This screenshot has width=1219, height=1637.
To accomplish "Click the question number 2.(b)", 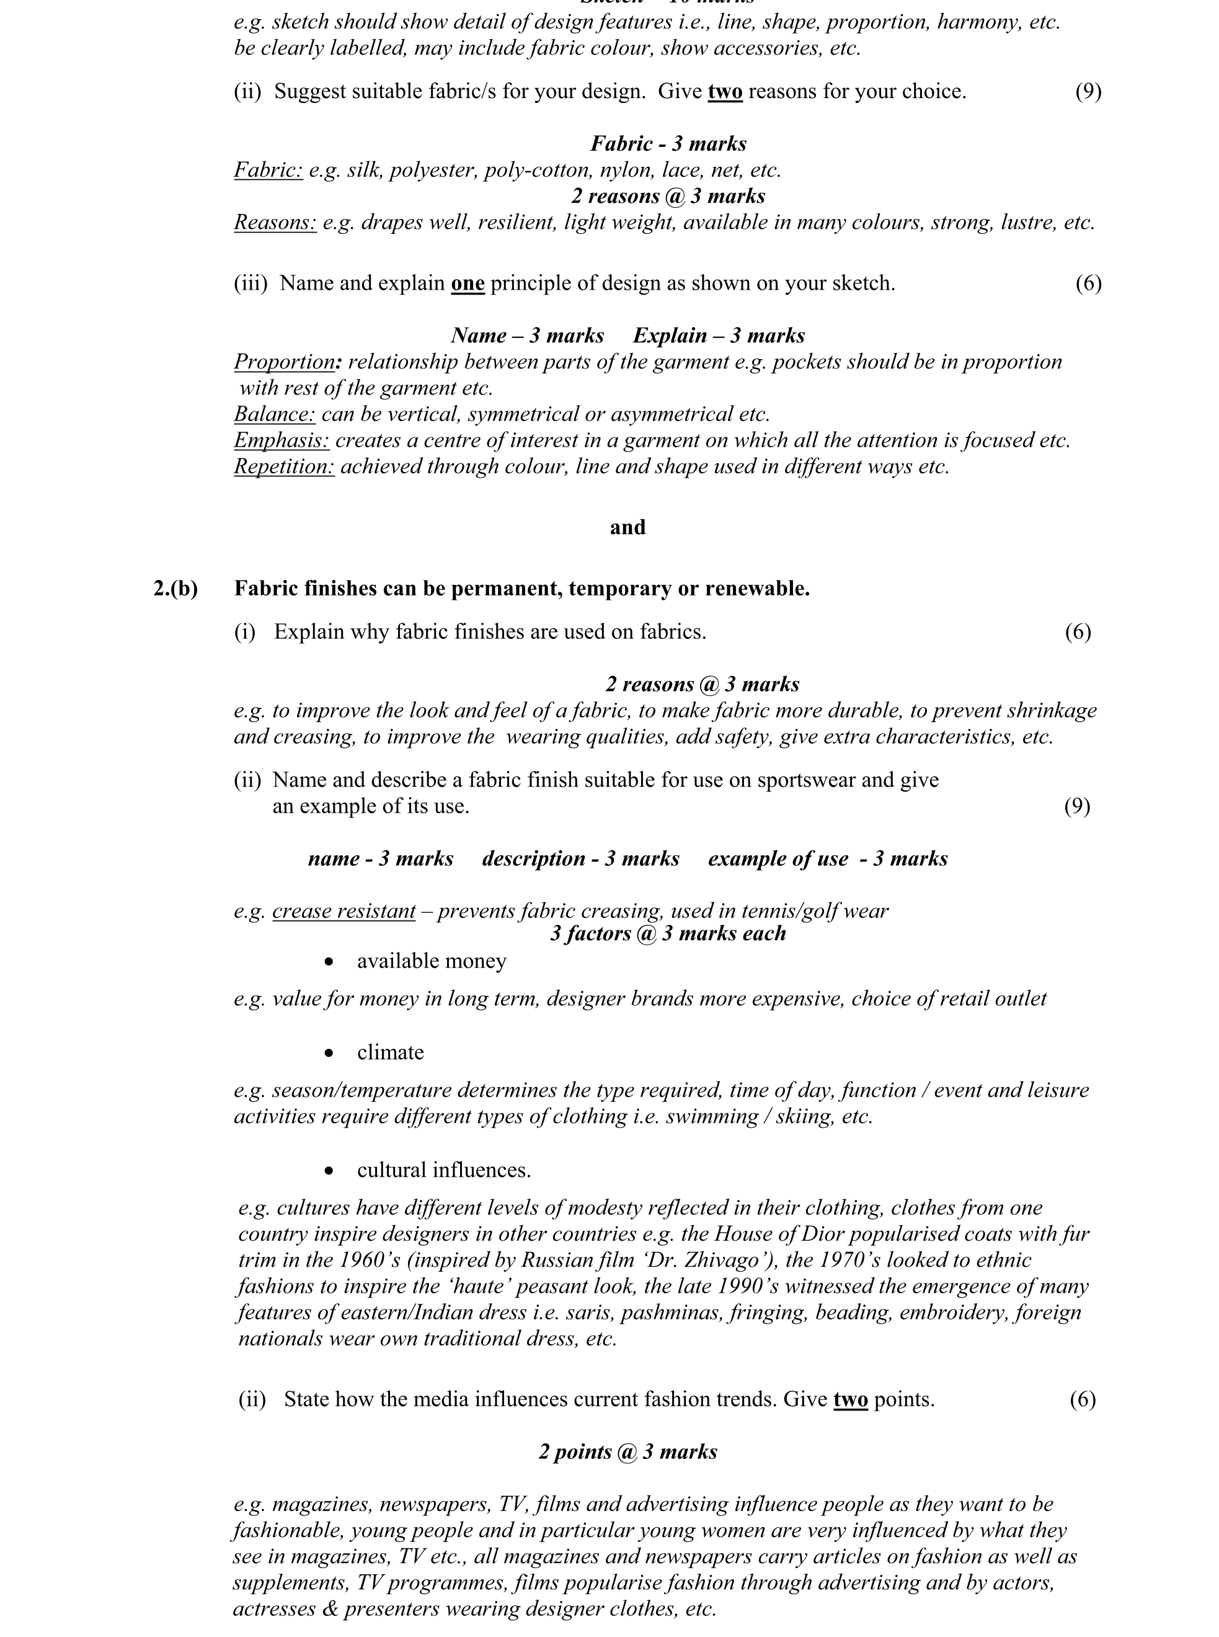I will coord(175,588).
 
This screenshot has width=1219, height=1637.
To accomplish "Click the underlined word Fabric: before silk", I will coord(268,170).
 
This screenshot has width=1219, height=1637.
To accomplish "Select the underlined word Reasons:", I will coord(275,222).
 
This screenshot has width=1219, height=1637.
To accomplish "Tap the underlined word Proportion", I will coord(284,362).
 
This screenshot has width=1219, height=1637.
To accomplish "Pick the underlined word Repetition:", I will coord(284,466).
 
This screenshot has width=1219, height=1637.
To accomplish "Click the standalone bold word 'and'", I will coord(627,527).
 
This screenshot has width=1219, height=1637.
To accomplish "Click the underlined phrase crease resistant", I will coord(344,911).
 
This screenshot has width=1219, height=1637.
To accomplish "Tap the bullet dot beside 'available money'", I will coord(329,961).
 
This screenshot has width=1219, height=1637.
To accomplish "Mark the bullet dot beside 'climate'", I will coord(329,1053).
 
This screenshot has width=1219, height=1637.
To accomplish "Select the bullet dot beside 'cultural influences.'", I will coord(329,1171).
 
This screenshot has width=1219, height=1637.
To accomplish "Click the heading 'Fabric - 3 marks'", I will coord(668,143).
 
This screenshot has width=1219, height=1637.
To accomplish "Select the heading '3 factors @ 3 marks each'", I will coord(668,934).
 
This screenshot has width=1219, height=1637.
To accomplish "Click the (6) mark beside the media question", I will coord(1083,1399).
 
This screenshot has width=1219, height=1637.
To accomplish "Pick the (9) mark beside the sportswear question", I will coord(1076,806).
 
